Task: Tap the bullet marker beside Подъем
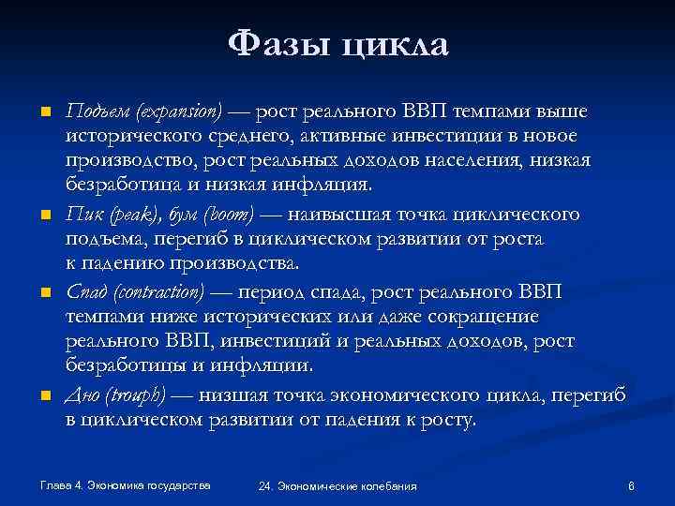(x=44, y=113)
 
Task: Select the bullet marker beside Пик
(x=44, y=216)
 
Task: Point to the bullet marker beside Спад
(x=44, y=293)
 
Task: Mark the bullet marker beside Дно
(x=44, y=395)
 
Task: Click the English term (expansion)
(x=178, y=113)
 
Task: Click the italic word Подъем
(x=97, y=112)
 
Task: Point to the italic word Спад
(x=85, y=292)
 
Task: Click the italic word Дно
(x=82, y=394)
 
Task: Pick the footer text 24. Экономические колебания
(x=337, y=486)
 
